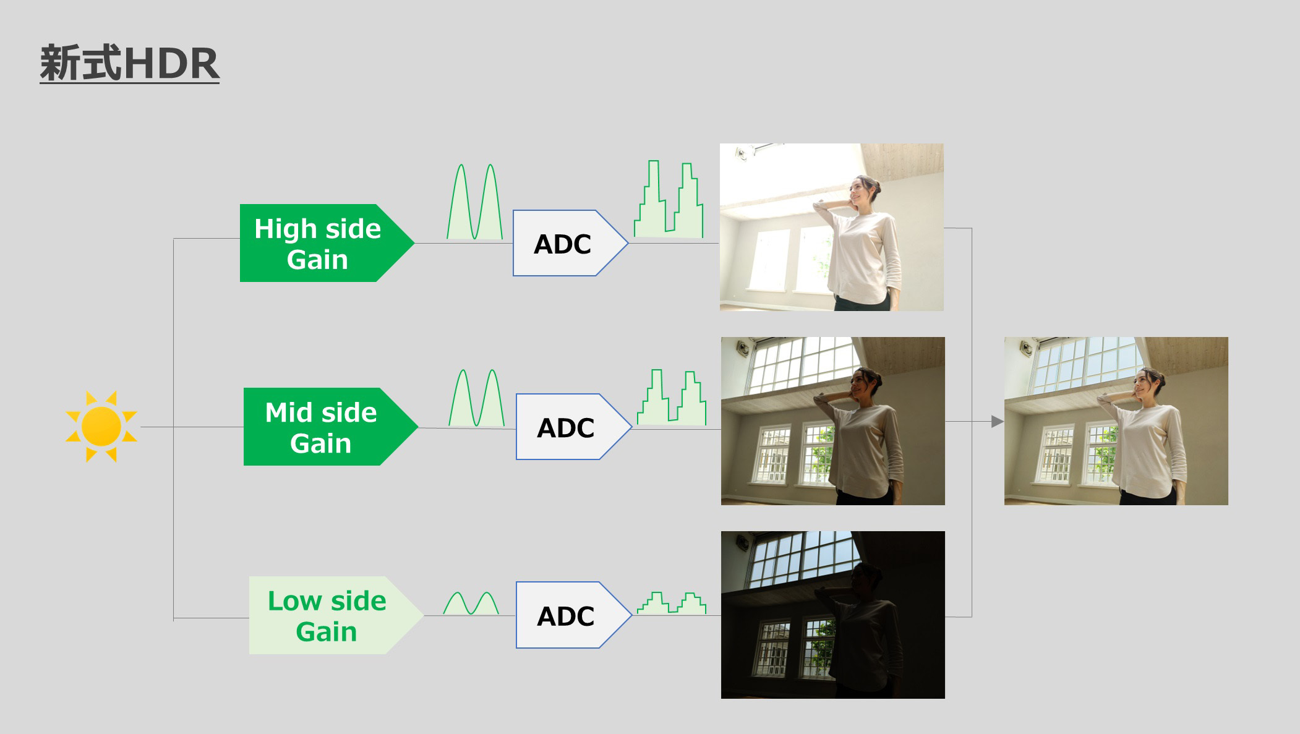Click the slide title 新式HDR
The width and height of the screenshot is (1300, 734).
[129, 63]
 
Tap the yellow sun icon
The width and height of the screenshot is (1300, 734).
[101, 427]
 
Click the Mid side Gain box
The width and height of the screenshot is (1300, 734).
[330, 427]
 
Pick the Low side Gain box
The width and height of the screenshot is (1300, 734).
[336, 615]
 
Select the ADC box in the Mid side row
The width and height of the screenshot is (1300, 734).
[573, 427]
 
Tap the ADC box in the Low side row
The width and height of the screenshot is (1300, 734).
[573, 615]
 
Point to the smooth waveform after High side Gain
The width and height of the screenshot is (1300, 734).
[475, 202]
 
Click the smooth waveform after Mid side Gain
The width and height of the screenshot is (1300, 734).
[477, 398]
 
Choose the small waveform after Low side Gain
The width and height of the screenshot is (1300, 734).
[471, 603]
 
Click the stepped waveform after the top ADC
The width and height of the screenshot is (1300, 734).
[669, 199]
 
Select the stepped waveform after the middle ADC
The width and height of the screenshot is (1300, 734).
[672, 398]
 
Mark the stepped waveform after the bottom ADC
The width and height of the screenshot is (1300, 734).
[672, 603]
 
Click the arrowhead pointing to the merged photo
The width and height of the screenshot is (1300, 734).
[997, 422]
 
